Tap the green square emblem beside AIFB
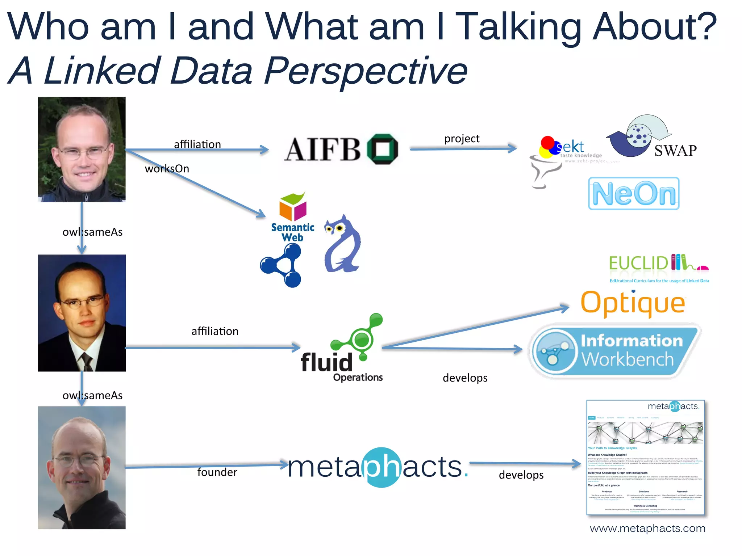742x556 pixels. pyautogui.click(x=383, y=149)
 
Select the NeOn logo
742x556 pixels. pyautogui.click(x=634, y=194)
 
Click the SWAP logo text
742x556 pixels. pyautogui.click(x=675, y=151)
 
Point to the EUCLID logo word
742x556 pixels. pyautogui.click(x=638, y=263)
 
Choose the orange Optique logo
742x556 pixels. pyautogui.click(x=633, y=303)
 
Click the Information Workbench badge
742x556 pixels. pyautogui.click(x=614, y=351)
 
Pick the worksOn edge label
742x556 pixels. pyautogui.click(x=167, y=169)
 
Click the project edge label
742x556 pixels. pyautogui.click(x=462, y=139)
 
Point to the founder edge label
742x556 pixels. pyautogui.click(x=217, y=472)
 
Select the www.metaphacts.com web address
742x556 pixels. pyautogui.click(x=647, y=528)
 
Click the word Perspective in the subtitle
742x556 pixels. pyautogui.click(x=366, y=71)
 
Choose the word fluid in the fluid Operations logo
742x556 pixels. pyautogui.click(x=326, y=363)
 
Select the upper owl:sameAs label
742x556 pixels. pyautogui.click(x=92, y=232)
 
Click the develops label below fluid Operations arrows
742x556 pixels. pyautogui.click(x=465, y=378)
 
